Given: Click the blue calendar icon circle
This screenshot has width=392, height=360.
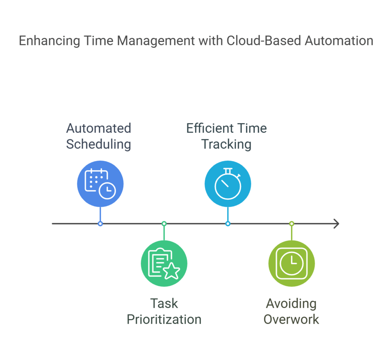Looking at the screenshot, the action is click(100, 184).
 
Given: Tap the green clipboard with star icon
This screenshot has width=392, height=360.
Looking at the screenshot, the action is click(164, 263).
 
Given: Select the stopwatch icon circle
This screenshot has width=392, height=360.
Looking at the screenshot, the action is click(228, 184).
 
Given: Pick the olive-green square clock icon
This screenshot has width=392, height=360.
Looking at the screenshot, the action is click(291, 263).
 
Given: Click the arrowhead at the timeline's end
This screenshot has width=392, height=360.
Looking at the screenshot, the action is click(336, 223).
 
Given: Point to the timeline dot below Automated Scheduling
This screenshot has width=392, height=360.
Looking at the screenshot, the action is click(100, 223).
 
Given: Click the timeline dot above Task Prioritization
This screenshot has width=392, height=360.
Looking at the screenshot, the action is click(164, 223).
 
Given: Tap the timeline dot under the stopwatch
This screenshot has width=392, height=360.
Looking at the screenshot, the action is click(228, 223).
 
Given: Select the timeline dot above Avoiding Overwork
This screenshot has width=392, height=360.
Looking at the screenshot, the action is click(291, 223).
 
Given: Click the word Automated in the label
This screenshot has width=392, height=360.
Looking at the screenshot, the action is click(98, 129).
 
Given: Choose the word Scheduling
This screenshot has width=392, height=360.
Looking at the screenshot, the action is click(98, 144).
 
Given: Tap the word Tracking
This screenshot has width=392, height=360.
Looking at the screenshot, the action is click(226, 144).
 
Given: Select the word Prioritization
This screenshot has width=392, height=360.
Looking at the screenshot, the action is click(164, 319).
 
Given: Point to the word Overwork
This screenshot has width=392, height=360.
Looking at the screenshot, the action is click(291, 319).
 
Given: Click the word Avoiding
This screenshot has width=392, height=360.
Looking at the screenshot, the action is click(291, 304).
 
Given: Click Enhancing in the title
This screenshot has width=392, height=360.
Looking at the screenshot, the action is click(49, 41).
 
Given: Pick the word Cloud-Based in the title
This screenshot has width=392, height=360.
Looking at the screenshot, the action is click(264, 41).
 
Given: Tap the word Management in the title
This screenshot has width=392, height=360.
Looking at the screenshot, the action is click(156, 41).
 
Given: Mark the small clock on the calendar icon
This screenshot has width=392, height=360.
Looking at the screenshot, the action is click(107, 191).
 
